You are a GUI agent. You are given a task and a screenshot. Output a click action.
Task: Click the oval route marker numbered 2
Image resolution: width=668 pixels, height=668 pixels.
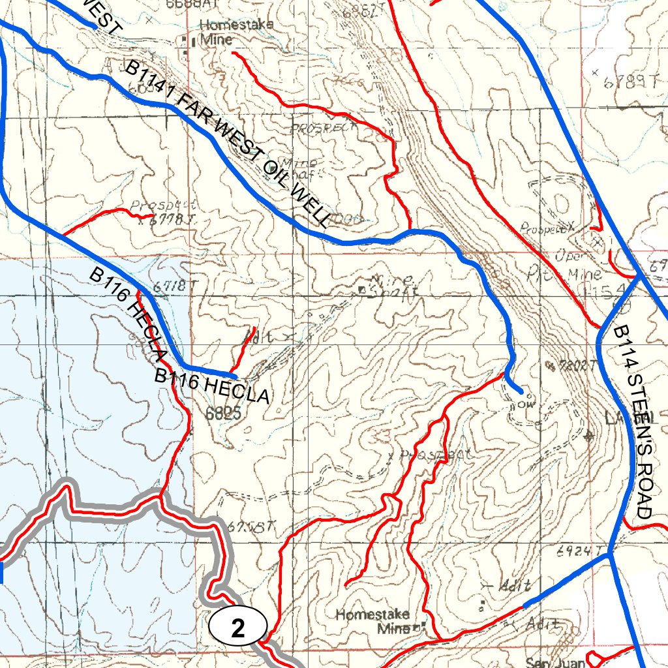click(x=238, y=628)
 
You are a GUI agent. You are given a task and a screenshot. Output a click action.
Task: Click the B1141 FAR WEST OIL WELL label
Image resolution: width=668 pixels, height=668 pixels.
click(x=228, y=144)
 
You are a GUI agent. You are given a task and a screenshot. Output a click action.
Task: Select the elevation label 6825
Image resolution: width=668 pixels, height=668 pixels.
click(x=223, y=413)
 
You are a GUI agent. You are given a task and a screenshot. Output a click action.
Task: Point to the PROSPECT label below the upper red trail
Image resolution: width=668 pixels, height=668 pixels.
click(x=324, y=128)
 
